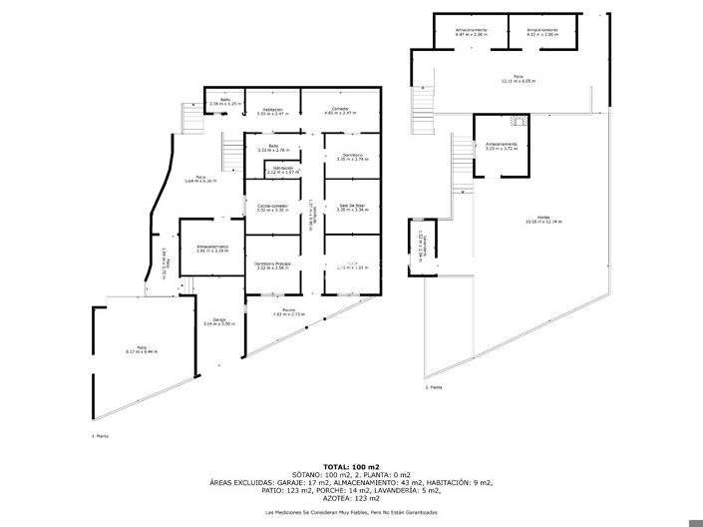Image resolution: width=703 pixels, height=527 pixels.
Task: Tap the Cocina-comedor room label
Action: (x=272, y=206)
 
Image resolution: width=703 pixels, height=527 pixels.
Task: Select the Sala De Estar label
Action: (x=353, y=206)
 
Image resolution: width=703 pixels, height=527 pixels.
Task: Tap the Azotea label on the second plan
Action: (x=542, y=218)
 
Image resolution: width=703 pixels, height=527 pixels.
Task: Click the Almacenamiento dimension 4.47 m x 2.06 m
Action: (x=471, y=34)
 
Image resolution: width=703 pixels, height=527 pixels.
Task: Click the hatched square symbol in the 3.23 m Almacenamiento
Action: (x=516, y=122)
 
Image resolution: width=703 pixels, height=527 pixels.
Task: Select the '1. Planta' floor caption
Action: (x=100, y=436)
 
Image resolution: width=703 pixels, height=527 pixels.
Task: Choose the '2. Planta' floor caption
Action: (x=433, y=386)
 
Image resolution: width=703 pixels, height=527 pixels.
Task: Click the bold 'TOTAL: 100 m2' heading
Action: (x=351, y=466)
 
